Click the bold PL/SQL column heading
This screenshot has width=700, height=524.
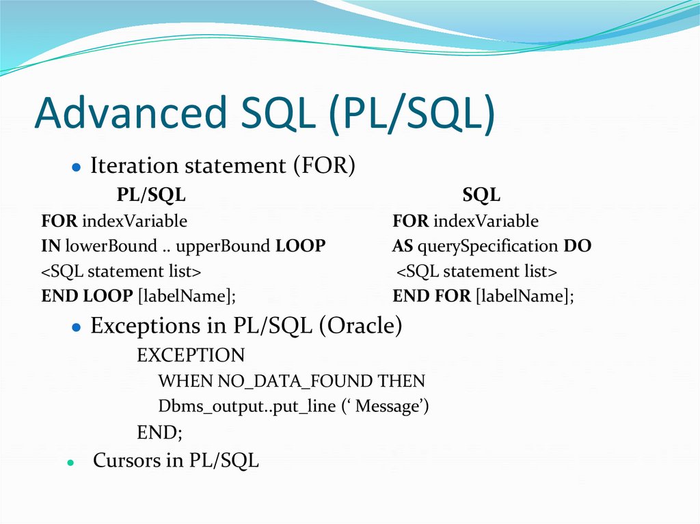click(150, 195)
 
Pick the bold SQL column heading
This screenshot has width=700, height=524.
click(481, 195)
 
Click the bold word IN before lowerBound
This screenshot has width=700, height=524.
click(51, 246)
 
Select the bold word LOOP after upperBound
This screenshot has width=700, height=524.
click(300, 246)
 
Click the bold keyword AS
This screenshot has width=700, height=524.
click(403, 246)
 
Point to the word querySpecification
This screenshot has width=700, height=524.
click(488, 246)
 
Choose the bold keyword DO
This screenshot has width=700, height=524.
click(578, 246)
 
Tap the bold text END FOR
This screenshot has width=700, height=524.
click(431, 297)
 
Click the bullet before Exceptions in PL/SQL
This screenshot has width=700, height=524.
click(77, 328)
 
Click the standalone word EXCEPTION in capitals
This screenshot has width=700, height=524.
click(190, 355)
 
